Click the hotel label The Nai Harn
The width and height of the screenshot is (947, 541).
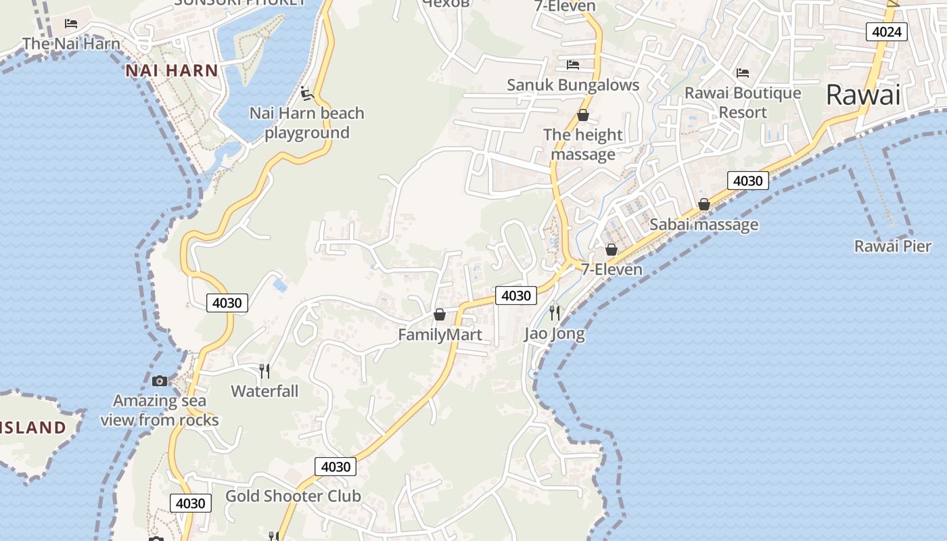(71, 44)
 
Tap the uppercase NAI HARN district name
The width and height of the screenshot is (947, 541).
(172, 70)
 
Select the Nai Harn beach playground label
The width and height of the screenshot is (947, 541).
(307, 122)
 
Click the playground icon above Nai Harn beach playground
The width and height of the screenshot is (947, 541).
(306, 93)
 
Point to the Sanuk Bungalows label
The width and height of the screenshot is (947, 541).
(573, 85)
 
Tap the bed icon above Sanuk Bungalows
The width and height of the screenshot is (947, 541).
(573, 65)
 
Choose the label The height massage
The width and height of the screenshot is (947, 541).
(582, 144)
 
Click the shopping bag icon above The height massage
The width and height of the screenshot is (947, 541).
(582, 115)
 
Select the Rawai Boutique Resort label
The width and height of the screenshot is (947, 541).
(743, 102)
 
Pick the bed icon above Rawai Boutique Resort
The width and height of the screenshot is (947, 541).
(743, 72)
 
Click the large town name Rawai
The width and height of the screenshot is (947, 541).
(863, 95)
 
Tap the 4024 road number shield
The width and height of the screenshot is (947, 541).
(886, 32)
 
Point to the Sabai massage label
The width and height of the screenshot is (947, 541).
(703, 225)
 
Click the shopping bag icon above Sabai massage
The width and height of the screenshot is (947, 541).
(704, 204)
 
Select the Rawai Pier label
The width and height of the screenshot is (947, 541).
(892, 246)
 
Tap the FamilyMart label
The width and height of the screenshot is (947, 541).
(440, 335)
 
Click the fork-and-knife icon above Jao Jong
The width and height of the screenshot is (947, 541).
(555, 312)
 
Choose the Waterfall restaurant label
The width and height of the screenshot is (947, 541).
(264, 391)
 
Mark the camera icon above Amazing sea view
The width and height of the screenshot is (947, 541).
(160, 381)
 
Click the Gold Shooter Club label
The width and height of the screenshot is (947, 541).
(293, 496)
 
